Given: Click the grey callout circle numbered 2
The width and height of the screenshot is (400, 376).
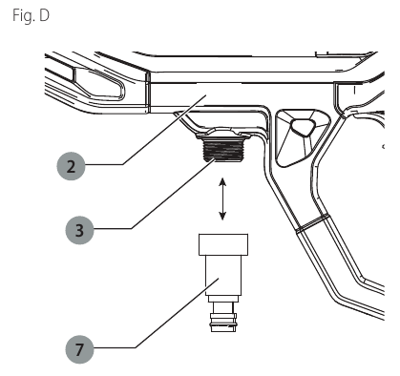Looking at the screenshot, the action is coord(72,166).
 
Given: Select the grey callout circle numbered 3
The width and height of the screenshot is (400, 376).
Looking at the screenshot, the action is coord(79,230).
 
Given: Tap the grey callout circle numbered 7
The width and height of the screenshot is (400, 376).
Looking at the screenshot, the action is coord(79,349).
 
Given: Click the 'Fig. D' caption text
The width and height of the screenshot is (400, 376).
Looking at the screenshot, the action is coord(31,15).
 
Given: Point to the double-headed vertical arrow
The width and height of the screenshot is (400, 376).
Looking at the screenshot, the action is coord(222,198).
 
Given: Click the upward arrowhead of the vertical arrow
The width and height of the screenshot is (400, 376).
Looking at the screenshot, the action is coord(222,181).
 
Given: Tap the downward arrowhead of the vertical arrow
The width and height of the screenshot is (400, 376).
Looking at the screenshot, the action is coord(222,216).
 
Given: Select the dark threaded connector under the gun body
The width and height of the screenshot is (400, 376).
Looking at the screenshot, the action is coord(222,150).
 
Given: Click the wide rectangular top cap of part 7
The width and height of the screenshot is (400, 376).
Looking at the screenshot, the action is coord(223,244).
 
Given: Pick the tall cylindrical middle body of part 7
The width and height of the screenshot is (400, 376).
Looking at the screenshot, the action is coord(223,275).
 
